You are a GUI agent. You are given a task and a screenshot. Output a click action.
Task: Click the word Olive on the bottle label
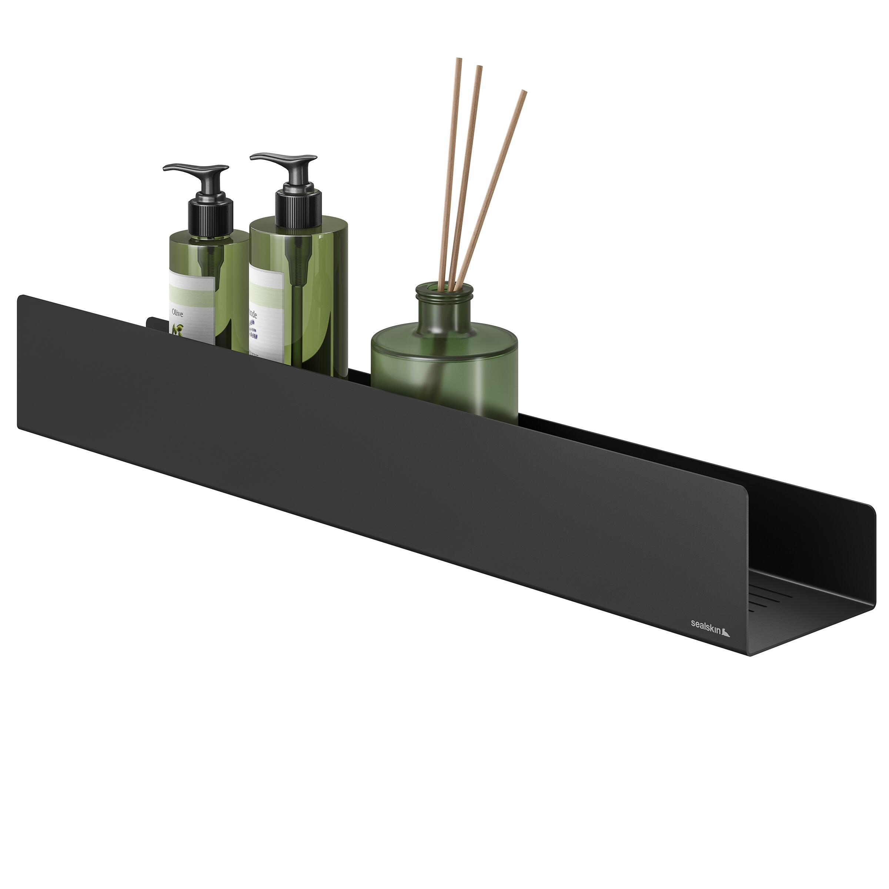pos(177,313)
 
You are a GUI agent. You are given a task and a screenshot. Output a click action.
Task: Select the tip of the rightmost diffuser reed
pos(524,92)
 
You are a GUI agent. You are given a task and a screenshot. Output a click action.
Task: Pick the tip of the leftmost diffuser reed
pos(458,60)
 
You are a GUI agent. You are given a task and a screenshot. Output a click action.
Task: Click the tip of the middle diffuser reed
pos(479,68)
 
